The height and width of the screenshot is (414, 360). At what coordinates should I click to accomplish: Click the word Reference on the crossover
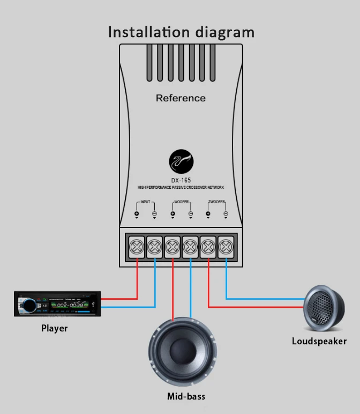pos(181,98)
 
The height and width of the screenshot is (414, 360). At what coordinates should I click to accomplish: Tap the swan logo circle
pos(181,162)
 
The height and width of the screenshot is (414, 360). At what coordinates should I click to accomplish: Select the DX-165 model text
pos(181,180)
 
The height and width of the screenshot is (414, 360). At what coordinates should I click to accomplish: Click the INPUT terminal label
pos(145,203)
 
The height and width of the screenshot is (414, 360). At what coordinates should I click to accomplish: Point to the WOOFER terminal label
pos(181,203)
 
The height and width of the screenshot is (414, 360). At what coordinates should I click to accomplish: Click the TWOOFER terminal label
pos(216,203)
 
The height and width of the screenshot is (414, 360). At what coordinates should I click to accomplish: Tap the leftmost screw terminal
pos(137,247)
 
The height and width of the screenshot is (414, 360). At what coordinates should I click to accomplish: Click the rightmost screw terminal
pos(226,247)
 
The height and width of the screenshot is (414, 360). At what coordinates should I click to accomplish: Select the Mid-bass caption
pos(185,397)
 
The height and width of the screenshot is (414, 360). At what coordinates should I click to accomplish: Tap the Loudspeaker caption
pos(319,341)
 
